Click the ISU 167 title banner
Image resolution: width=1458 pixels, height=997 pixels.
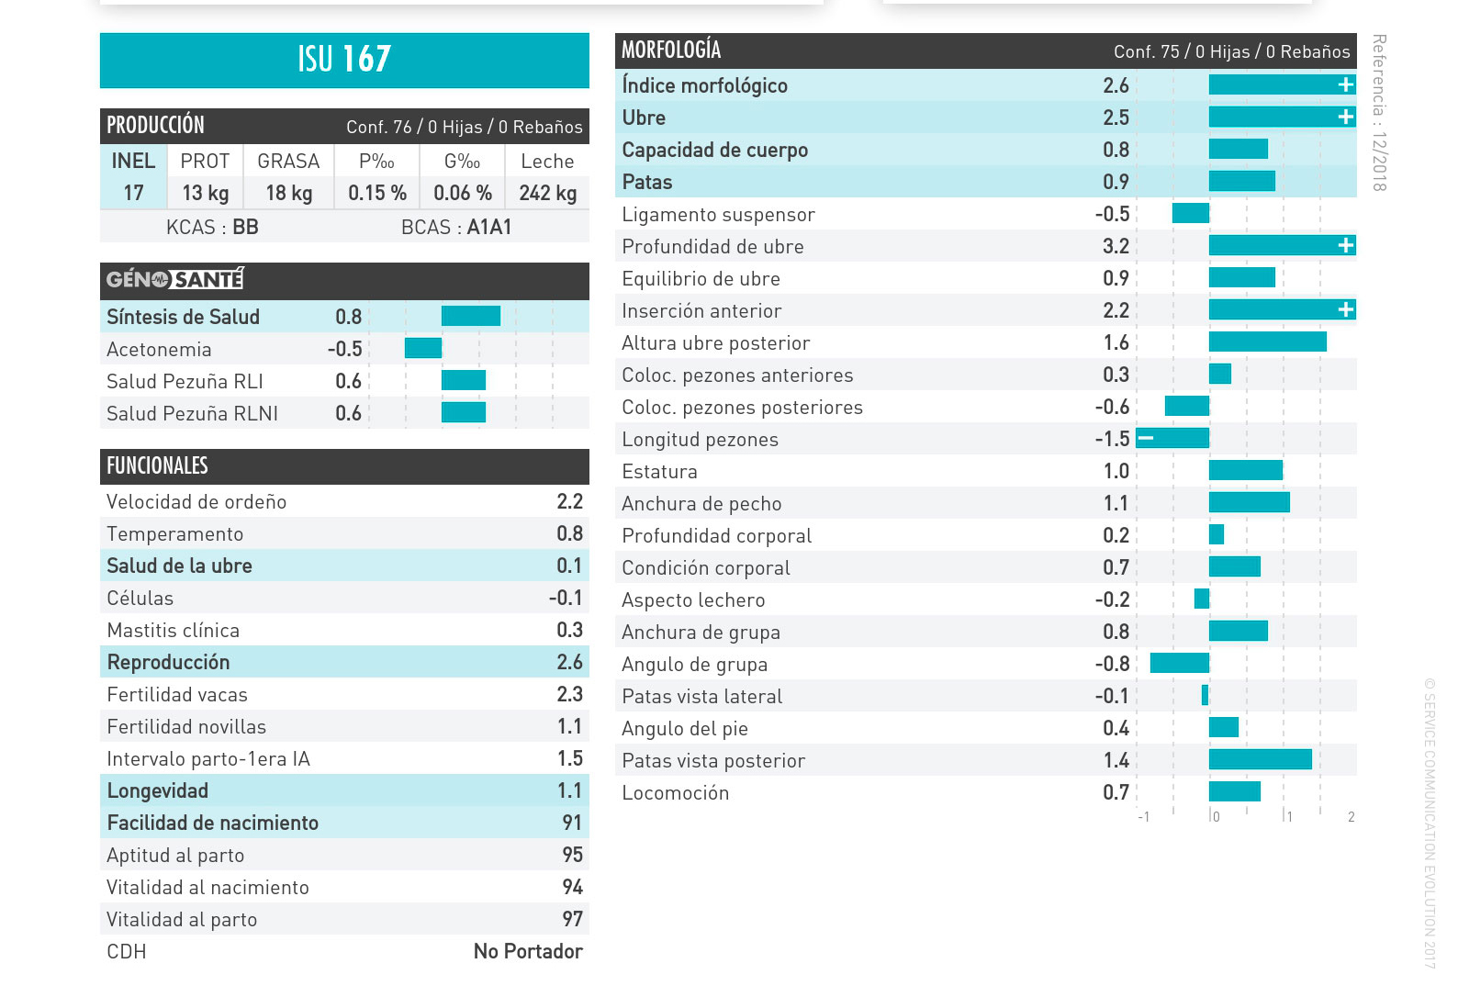tap(344, 60)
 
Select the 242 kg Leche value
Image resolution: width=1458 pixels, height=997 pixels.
tap(547, 193)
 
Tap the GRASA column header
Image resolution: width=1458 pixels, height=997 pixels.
tap(288, 162)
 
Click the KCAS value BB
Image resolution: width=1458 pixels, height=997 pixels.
tap(245, 227)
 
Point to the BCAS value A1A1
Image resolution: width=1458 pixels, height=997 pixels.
tap(489, 227)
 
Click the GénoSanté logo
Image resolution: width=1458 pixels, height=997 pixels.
tap(174, 279)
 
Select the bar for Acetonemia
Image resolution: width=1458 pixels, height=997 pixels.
tap(423, 348)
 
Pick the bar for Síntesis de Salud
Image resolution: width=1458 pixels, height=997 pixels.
tap(470, 316)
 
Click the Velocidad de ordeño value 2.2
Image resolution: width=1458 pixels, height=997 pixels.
tap(569, 501)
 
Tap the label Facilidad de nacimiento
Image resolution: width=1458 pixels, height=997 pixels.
tap(212, 823)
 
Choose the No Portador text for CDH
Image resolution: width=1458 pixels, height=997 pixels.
tap(528, 951)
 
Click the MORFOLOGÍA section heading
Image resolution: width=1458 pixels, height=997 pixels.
tap(671, 50)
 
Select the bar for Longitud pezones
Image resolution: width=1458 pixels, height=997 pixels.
tap(1172, 438)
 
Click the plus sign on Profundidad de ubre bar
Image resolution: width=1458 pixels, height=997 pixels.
tap(1345, 245)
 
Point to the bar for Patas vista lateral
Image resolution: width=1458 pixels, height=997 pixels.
tap(1205, 695)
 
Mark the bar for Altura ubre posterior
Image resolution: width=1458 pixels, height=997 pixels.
tap(1267, 342)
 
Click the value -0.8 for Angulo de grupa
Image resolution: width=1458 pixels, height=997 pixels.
tap(1112, 664)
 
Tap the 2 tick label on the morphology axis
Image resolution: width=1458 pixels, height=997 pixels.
tap(1351, 817)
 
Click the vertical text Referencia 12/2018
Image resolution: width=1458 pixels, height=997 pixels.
tap(1378, 112)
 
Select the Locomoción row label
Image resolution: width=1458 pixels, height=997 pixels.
tap(675, 792)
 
